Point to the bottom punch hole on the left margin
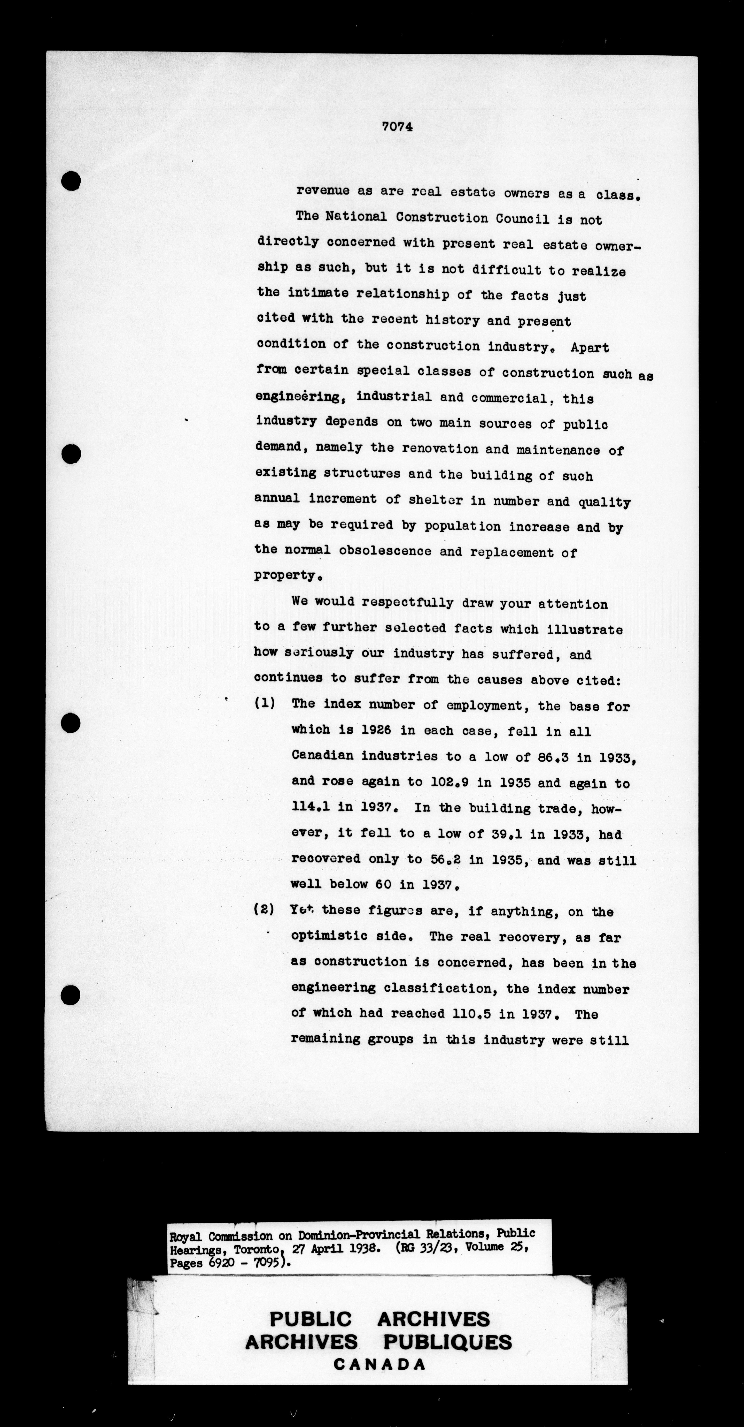[x=70, y=994]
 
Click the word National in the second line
[x=356, y=217]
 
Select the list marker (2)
[x=264, y=909]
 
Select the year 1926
[x=376, y=730]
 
